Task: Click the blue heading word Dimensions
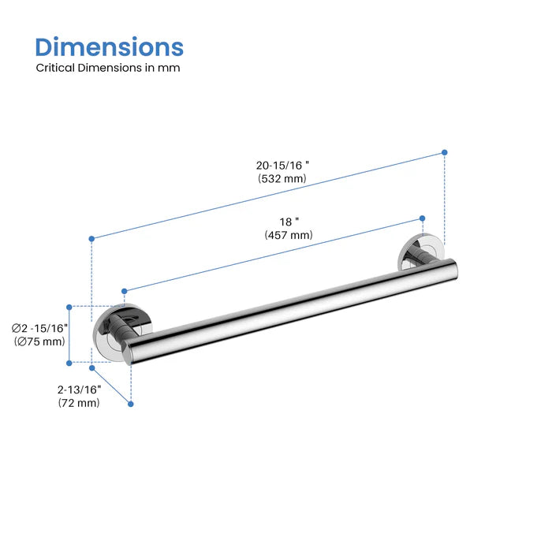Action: click(110, 47)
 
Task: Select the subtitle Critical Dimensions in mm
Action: click(108, 68)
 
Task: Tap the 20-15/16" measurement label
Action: click(282, 166)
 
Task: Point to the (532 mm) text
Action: click(282, 179)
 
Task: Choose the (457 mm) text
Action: click(289, 235)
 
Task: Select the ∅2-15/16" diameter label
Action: click(40, 327)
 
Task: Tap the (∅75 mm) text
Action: click(39, 341)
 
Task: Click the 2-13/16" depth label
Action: click(79, 389)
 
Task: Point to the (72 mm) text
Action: click(79, 403)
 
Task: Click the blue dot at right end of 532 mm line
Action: click(445, 151)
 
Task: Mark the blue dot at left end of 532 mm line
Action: click(92, 238)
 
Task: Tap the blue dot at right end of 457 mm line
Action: click(423, 217)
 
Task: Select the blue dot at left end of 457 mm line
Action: click(123, 292)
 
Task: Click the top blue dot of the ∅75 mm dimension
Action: click(69, 307)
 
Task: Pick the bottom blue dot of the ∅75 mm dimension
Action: click(69, 363)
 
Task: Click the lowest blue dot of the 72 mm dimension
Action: click(131, 404)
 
